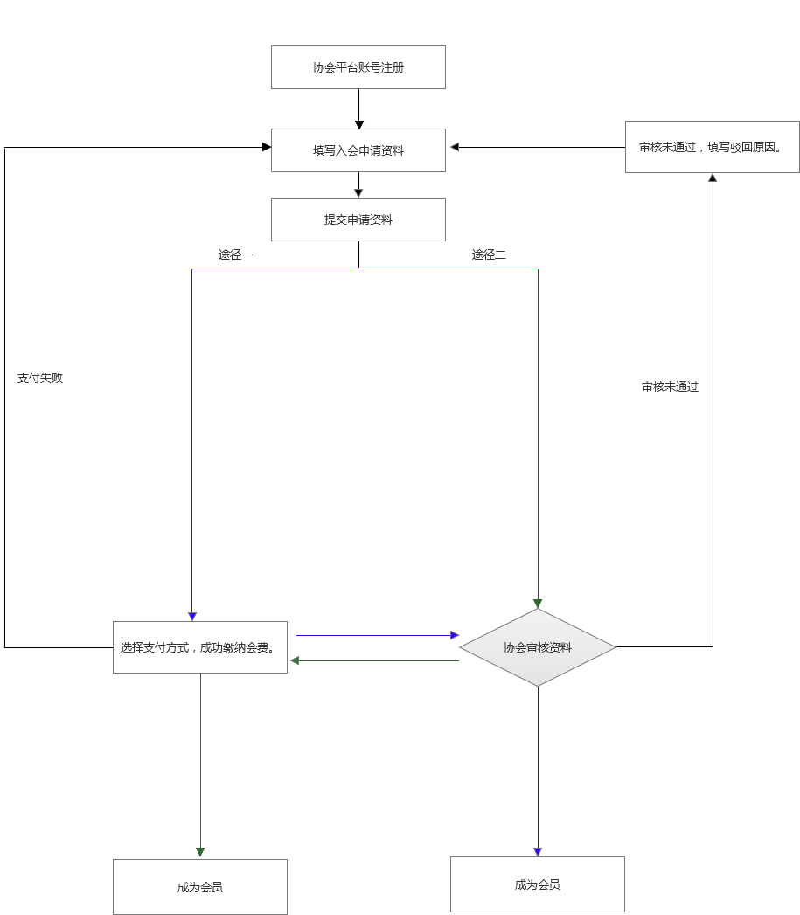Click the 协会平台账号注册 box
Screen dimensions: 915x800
(358, 67)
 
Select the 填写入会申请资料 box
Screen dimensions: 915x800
(358, 150)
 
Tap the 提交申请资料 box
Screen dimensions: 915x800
(358, 220)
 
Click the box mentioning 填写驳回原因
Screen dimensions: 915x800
(712, 147)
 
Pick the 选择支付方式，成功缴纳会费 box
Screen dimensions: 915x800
(200, 647)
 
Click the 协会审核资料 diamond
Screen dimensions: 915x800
(538, 647)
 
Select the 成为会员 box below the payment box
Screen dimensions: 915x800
(200, 887)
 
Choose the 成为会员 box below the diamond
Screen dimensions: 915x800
(538, 884)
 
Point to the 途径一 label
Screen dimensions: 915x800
(235, 255)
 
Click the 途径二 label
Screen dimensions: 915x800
(489, 255)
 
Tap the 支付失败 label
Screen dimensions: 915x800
(40, 379)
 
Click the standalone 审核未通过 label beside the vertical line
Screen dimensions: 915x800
(670, 387)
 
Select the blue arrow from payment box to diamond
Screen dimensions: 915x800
(376, 635)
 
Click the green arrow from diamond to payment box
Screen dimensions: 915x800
(376, 660)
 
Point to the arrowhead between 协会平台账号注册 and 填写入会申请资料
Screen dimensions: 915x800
(358, 124)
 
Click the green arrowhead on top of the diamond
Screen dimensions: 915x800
(538, 604)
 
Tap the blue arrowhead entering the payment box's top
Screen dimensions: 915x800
(192, 617)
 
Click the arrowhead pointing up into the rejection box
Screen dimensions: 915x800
(713, 178)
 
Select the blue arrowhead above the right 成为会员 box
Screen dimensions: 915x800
(538, 852)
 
